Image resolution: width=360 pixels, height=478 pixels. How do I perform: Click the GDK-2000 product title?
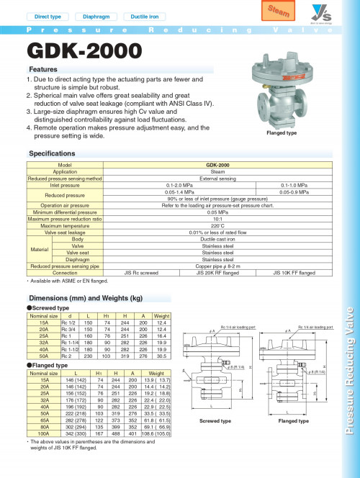(76, 52)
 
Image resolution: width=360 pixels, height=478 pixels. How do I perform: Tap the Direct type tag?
(48, 16)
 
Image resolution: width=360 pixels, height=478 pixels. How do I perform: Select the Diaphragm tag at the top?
(96, 16)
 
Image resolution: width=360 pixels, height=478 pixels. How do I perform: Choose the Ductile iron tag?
(144, 16)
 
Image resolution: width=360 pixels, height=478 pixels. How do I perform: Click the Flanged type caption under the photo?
(282, 133)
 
